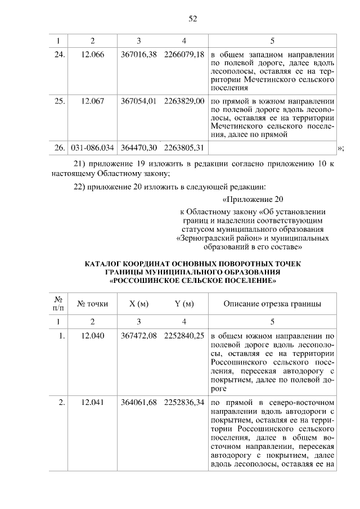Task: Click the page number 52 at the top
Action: pyautogui.click(x=192, y=19)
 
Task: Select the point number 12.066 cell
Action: pyautogui.click(x=93, y=56)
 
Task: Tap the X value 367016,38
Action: pyautogui.click(x=138, y=56)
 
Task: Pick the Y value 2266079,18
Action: pyautogui.click(x=184, y=56)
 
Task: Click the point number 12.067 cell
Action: pyautogui.click(x=93, y=101)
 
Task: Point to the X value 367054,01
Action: pyautogui.click(x=138, y=101)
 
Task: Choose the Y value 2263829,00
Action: pyautogui.click(x=184, y=101)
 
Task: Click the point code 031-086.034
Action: pyautogui.click(x=93, y=147)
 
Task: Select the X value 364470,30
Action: pyautogui.click(x=138, y=147)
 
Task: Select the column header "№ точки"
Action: pyautogui.click(x=93, y=304)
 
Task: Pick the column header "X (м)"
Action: pyautogui.click(x=138, y=304)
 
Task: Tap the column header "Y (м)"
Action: pyautogui.click(x=184, y=304)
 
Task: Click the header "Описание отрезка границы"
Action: pyautogui.click(x=273, y=304)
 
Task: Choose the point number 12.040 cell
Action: pyautogui.click(x=93, y=336)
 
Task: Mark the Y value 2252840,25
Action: pyautogui.click(x=184, y=336)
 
